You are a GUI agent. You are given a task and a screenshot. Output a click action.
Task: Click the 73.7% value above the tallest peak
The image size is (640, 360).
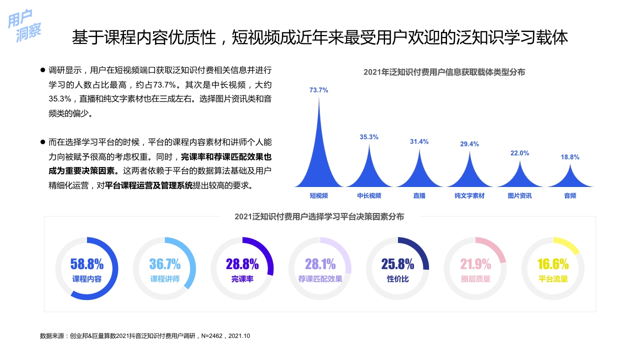pyautogui.click(x=318, y=90)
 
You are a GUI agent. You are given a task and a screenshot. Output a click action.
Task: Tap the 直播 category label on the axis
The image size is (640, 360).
pyautogui.click(x=419, y=196)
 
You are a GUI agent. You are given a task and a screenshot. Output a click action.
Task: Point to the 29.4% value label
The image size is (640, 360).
pyautogui.click(x=469, y=144)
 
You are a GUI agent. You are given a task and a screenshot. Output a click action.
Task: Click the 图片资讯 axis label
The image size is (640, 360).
pyautogui.click(x=519, y=196)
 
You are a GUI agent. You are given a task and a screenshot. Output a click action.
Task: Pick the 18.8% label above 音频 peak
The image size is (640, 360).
pyautogui.click(x=570, y=157)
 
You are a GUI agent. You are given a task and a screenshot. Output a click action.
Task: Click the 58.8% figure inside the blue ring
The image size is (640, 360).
pyautogui.click(x=87, y=264)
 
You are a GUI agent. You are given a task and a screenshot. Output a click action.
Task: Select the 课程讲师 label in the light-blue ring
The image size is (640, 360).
pyautogui.click(x=165, y=279)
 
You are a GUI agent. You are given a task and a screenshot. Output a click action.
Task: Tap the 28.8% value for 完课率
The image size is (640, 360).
pyautogui.click(x=242, y=264)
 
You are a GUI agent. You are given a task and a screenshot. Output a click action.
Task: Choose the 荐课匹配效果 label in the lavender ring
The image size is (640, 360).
pyautogui.click(x=320, y=279)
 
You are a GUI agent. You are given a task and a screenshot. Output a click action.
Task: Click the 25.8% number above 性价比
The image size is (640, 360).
pyautogui.click(x=397, y=264)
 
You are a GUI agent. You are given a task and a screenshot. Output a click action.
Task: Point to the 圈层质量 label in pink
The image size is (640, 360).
pyautogui.click(x=475, y=279)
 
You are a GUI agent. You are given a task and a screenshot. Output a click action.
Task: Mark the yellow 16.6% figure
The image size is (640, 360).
pyautogui.click(x=553, y=264)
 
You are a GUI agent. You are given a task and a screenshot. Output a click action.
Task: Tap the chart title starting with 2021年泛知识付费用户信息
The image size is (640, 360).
pyautogui.click(x=444, y=72)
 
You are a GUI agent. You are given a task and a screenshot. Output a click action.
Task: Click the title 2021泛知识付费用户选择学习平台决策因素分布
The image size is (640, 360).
pyautogui.click(x=319, y=216)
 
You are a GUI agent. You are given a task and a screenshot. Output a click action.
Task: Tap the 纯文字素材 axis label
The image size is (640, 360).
pyautogui.click(x=469, y=196)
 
